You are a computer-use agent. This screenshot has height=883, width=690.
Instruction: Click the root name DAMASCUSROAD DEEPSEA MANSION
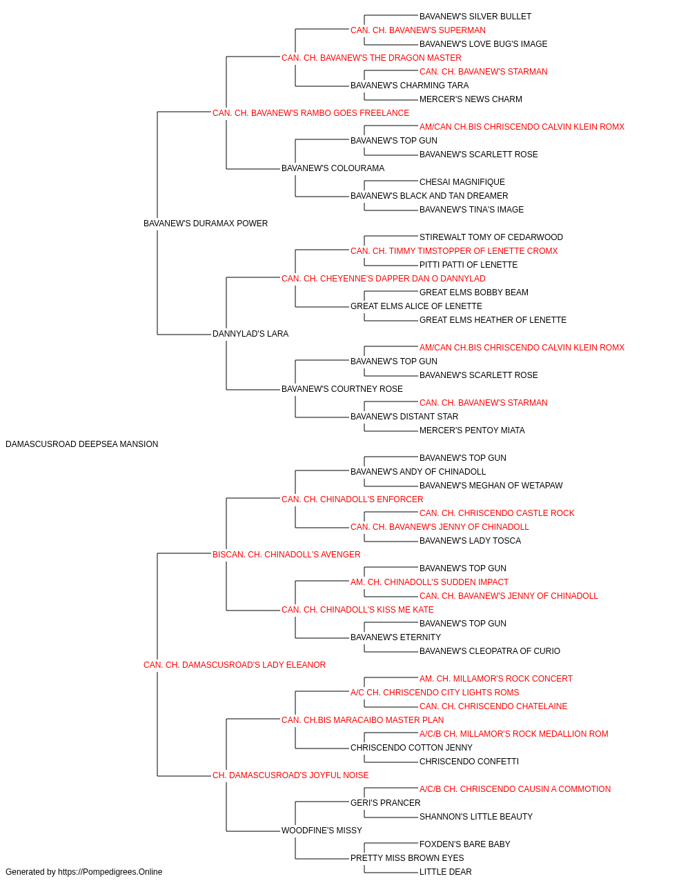click(x=81, y=444)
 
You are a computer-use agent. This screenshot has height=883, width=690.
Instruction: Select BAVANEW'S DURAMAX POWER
click(x=206, y=224)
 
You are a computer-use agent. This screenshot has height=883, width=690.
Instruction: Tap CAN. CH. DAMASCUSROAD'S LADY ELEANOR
click(x=235, y=665)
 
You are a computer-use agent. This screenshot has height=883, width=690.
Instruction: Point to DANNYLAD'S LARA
click(x=250, y=334)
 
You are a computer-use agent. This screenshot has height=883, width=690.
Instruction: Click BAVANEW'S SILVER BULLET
click(x=475, y=17)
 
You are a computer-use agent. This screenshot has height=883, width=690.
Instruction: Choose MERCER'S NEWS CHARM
click(x=471, y=99)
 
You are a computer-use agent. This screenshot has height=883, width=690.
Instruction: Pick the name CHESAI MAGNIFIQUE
click(x=462, y=182)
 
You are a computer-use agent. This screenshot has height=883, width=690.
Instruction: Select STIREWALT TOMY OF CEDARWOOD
click(x=491, y=237)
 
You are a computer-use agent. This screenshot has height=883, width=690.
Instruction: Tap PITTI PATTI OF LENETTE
click(x=469, y=264)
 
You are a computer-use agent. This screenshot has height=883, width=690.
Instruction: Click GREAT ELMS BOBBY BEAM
click(x=474, y=292)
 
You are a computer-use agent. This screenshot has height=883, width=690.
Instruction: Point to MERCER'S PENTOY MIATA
click(x=472, y=430)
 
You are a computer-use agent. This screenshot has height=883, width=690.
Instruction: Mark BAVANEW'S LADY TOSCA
click(x=470, y=540)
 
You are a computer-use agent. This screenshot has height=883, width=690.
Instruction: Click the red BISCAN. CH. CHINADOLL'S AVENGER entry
click(x=286, y=554)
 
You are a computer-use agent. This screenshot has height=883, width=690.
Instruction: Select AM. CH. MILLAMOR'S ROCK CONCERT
click(x=495, y=679)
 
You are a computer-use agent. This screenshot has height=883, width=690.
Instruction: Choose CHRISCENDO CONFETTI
click(x=469, y=762)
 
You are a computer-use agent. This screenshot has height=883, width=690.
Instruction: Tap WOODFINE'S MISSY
click(x=322, y=830)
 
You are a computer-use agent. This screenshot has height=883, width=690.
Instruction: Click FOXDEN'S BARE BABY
click(x=465, y=844)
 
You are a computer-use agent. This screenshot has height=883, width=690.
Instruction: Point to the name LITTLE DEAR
click(x=445, y=872)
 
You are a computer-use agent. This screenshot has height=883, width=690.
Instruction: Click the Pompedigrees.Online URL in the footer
click(x=110, y=872)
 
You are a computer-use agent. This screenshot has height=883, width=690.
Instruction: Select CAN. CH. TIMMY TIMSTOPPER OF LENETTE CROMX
click(x=454, y=250)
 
